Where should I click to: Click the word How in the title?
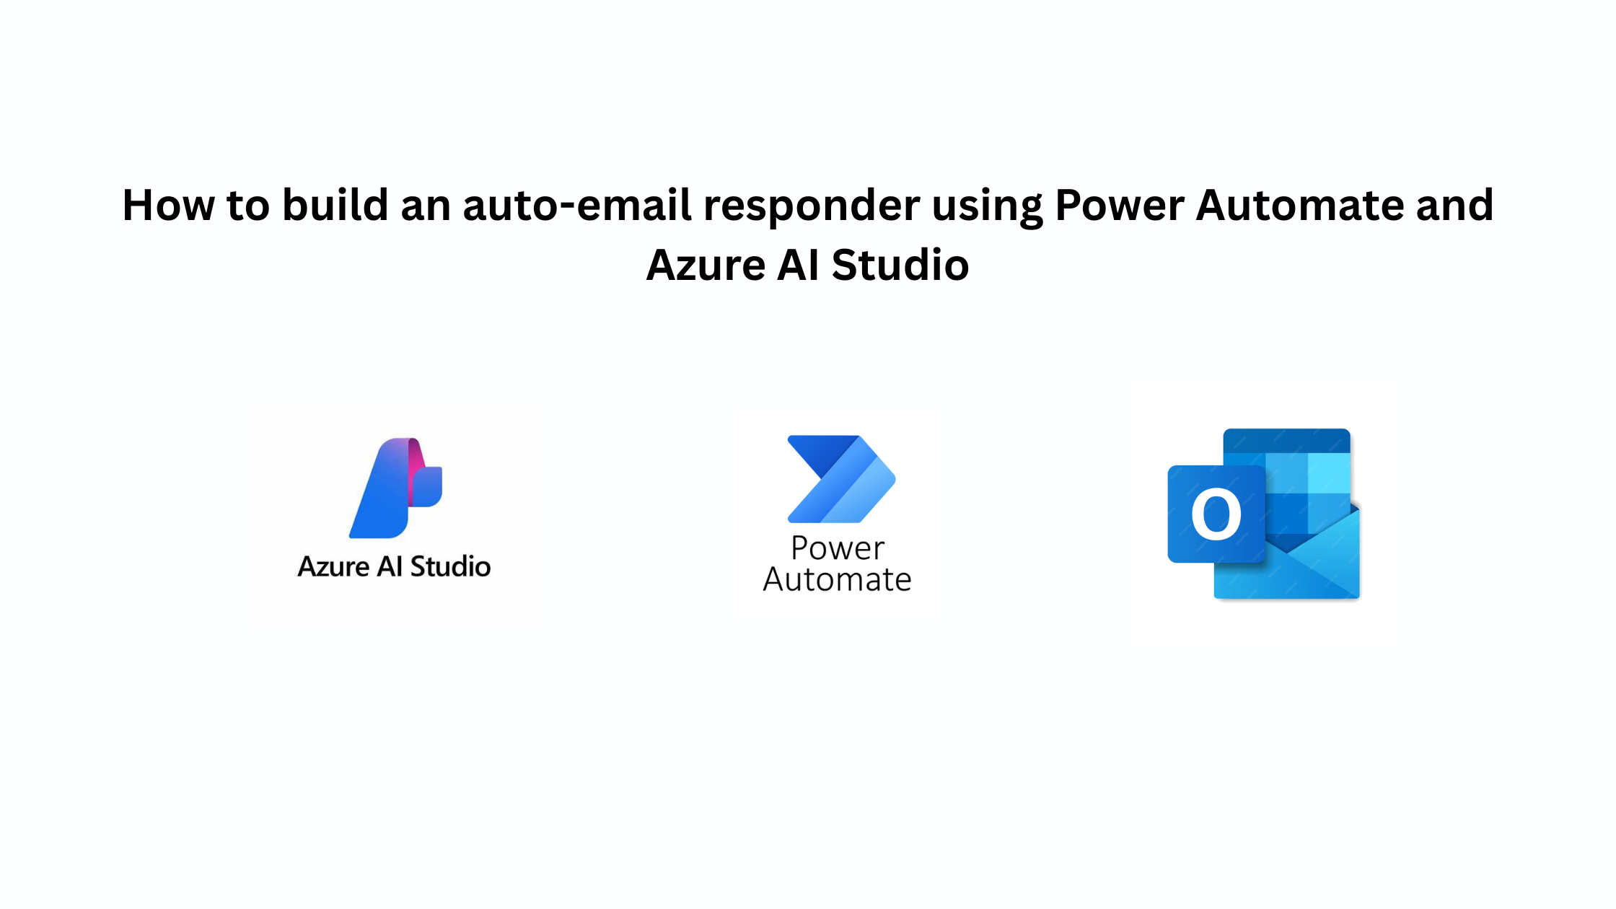(169, 205)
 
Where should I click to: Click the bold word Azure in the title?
(706, 265)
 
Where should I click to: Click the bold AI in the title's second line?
(799, 265)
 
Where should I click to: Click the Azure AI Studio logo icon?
(395, 488)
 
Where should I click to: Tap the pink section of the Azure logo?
(416, 469)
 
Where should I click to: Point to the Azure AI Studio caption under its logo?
(394, 566)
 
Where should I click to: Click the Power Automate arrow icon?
(841, 479)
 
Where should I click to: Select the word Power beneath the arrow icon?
(838, 548)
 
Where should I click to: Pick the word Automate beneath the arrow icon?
(838, 579)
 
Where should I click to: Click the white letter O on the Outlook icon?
(1216, 514)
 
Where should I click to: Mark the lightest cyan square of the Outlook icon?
(1329, 473)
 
